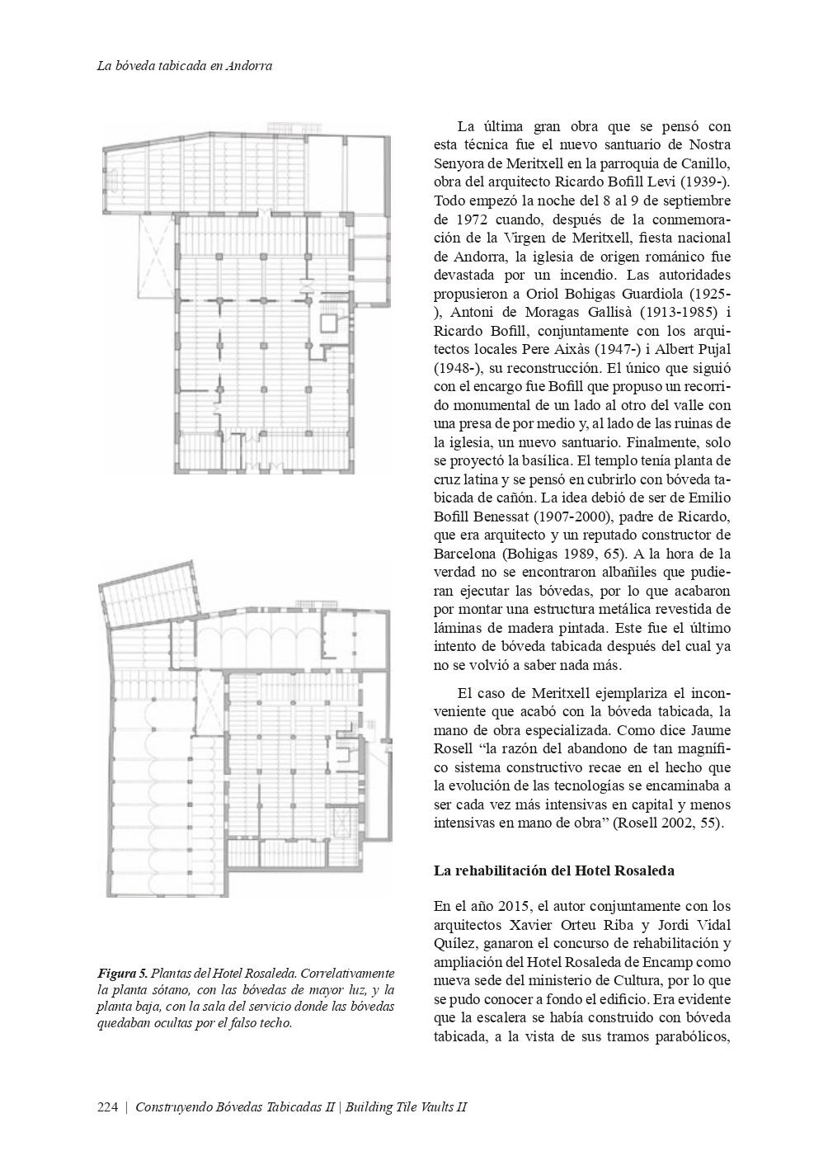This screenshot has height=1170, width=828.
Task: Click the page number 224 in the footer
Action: [107, 1107]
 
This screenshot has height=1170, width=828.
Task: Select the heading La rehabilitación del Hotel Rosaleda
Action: [554, 870]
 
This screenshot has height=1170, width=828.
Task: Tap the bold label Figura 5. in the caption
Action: [122, 974]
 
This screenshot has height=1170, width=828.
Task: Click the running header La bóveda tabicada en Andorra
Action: [185, 66]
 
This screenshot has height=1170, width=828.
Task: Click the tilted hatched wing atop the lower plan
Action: [149, 592]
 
